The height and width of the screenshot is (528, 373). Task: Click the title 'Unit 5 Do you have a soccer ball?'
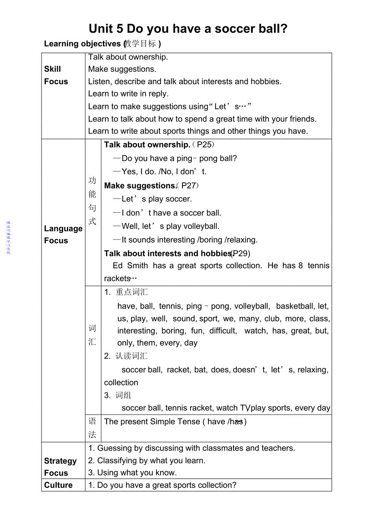pyautogui.click(x=188, y=29)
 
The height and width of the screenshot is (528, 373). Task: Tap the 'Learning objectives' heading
pyautogui.click(x=102, y=44)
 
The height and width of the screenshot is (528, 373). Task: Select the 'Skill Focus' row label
pyautogui.click(x=56, y=75)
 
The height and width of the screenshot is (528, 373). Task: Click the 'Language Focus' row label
pyautogui.click(x=63, y=235)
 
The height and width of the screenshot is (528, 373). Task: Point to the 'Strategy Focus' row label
pyautogui.click(x=60, y=467)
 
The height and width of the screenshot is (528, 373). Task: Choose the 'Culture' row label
pyautogui.click(x=58, y=485)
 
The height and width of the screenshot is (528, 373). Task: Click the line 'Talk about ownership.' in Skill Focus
pyautogui.click(x=128, y=57)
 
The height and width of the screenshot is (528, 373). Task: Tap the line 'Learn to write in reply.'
pyautogui.click(x=128, y=94)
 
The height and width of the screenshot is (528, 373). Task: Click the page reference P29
pyautogui.click(x=241, y=254)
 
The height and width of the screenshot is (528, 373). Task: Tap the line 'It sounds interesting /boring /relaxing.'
pyautogui.click(x=189, y=240)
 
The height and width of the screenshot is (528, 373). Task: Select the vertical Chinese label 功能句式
pyautogui.click(x=93, y=201)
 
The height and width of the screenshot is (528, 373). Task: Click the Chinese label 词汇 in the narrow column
pyautogui.click(x=93, y=335)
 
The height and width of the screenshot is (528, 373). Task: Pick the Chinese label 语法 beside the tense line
pyautogui.click(x=93, y=428)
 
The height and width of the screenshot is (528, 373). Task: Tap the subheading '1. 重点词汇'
pyautogui.click(x=126, y=292)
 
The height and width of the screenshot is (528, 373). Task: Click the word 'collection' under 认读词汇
pyautogui.click(x=121, y=383)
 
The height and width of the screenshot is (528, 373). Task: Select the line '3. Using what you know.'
pyautogui.click(x=132, y=473)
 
